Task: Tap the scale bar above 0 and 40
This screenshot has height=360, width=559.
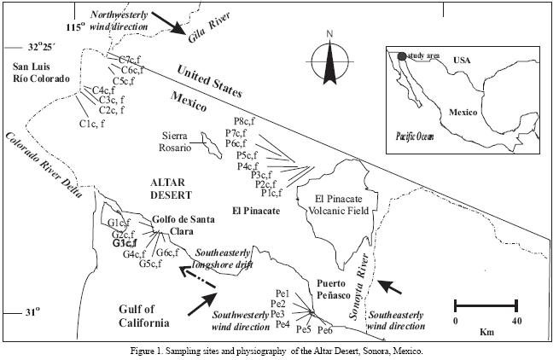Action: tap(486, 305)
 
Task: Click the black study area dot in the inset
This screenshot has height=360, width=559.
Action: tap(402, 56)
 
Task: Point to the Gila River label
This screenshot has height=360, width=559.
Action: tap(209, 26)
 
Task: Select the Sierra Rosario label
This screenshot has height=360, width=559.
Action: tap(175, 142)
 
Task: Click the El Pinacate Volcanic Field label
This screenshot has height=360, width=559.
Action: tap(338, 205)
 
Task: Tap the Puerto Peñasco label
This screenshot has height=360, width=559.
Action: tap(334, 289)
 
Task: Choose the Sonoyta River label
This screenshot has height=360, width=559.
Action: tap(358, 287)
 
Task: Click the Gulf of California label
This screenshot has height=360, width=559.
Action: tap(143, 316)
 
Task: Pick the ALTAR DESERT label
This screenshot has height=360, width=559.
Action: tap(172, 189)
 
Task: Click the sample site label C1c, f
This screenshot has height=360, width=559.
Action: tap(92, 124)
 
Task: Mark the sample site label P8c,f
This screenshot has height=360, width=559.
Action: tap(244, 121)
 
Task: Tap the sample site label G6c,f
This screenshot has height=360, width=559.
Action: tap(167, 253)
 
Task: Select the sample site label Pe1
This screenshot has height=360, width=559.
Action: tap(282, 293)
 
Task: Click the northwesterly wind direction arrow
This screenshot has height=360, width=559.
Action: tap(168, 23)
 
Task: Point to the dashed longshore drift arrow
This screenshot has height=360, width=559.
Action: tap(197, 276)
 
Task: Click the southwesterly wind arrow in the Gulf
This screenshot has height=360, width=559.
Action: tap(202, 304)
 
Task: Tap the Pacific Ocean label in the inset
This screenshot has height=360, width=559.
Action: tap(415, 136)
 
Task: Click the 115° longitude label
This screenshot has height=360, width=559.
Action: tap(76, 26)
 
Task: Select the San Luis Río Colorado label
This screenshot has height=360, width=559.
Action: tap(41, 73)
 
